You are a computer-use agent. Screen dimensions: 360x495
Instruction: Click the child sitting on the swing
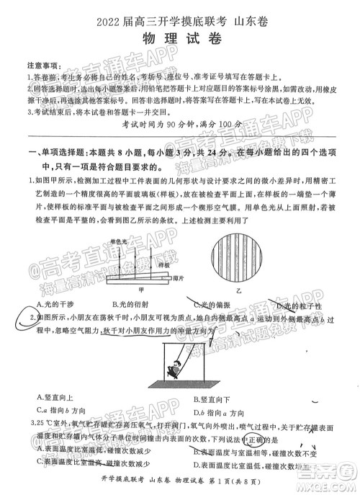coord(174,372)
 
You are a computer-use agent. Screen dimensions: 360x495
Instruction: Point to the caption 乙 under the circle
coord(238,291)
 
